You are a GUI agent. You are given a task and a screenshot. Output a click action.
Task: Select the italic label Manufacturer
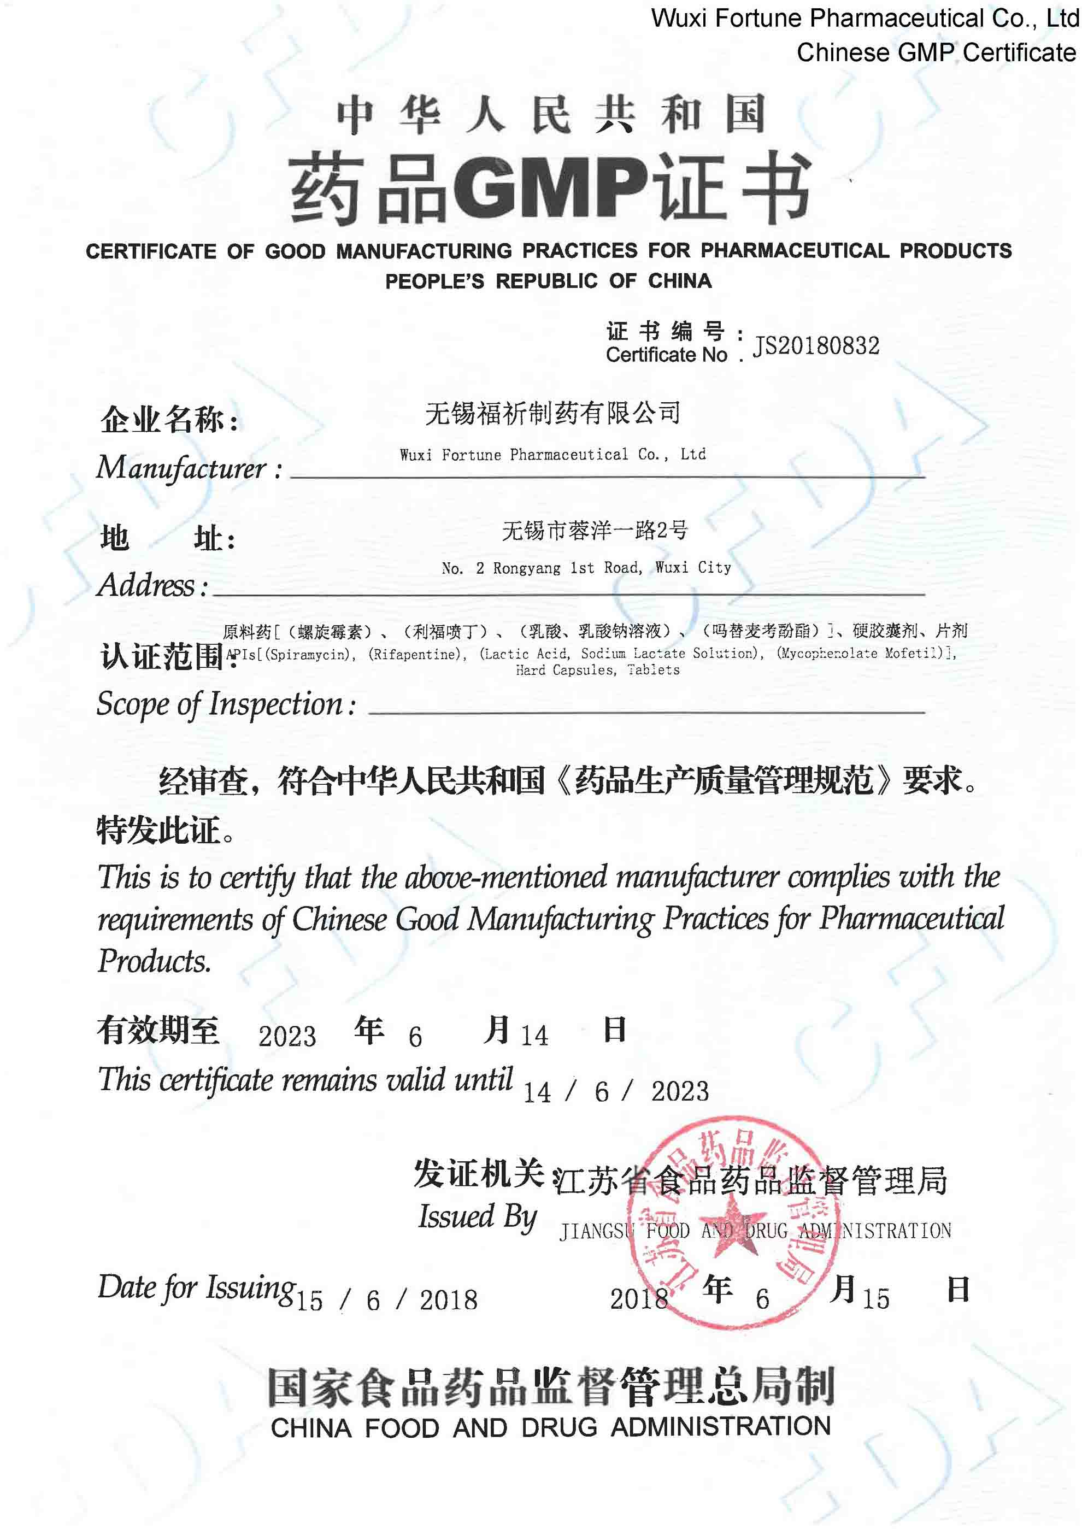click(181, 468)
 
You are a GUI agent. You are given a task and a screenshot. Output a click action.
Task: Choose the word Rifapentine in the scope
click(417, 654)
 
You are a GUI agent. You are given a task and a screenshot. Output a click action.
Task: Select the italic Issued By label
click(477, 1216)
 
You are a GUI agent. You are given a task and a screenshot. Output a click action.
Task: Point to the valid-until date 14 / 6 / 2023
click(616, 1091)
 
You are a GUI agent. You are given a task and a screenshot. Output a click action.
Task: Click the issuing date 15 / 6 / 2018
click(386, 1300)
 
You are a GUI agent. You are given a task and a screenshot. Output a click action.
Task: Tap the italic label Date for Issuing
click(197, 1288)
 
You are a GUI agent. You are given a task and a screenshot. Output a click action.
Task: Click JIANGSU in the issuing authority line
click(596, 1231)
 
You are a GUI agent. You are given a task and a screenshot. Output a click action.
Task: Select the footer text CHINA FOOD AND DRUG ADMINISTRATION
click(550, 1427)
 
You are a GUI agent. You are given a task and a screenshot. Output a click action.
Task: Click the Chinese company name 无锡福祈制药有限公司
click(552, 414)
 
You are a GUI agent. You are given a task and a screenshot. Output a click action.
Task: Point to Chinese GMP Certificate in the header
click(936, 52)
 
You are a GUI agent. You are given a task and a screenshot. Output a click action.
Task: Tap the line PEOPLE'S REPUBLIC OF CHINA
click(548, 281)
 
